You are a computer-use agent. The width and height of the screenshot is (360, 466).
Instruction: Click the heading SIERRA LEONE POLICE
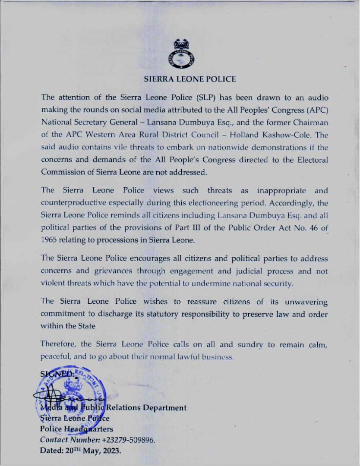click(x=190, y=79)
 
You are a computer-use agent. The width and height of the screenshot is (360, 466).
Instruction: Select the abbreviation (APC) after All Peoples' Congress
click(x=309, y=110)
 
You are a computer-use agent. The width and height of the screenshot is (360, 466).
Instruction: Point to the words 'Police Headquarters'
click(x=77, y=429)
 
